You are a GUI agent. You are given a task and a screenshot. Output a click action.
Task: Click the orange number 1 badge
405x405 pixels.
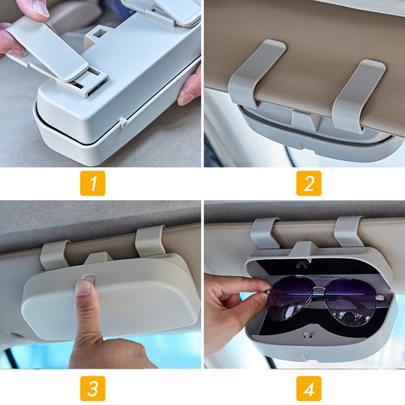click(93, 183)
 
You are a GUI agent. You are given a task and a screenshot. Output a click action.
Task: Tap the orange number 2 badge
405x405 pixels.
click(309, 183)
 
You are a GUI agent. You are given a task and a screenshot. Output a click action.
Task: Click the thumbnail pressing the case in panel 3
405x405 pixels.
click(83, 289)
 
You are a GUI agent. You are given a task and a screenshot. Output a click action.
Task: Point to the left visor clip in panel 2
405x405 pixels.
click(256, 73)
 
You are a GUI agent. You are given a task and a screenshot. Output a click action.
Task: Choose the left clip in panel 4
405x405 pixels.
click(265, 233)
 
